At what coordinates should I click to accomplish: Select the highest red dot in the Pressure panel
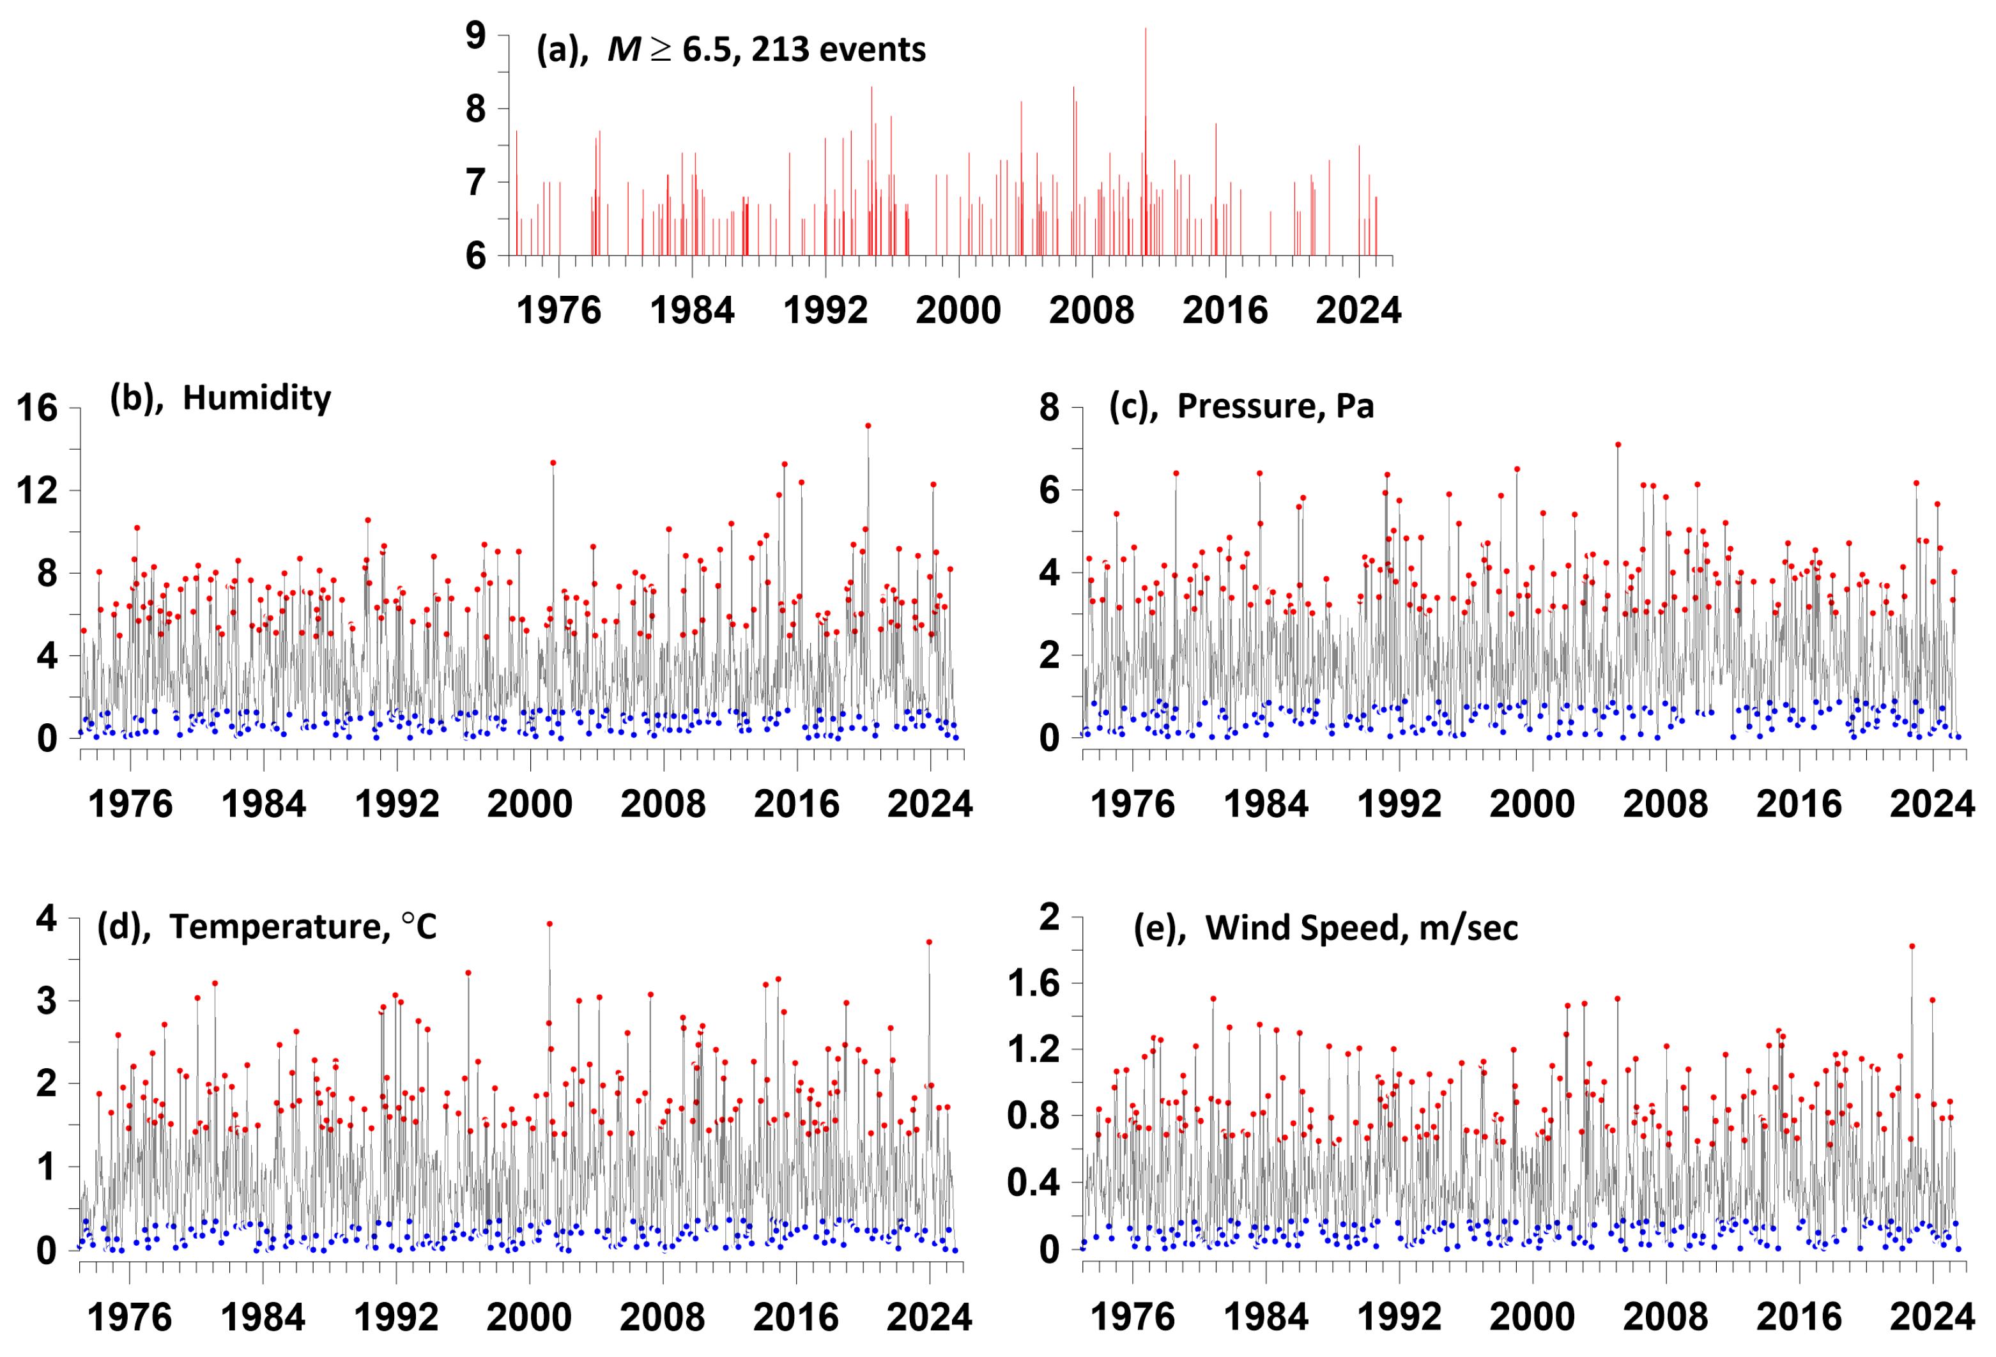(x=1618, y=445)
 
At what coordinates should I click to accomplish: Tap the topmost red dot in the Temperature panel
(x=549, y=924)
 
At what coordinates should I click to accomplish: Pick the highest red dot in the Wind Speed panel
(x=1912, y=946)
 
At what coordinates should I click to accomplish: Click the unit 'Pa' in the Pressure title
(x=1355, y=406)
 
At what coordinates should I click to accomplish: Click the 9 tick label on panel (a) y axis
(x=475, y=36)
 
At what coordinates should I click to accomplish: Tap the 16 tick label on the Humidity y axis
(x=37, y=408)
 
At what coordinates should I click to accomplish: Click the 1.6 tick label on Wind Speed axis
(x=1033, y=983)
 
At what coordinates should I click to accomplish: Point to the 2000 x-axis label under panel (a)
(x=958, y=310)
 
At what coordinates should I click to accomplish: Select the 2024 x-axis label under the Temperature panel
(x=928, y=1317)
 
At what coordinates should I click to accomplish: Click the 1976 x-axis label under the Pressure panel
(x=1132, y=805)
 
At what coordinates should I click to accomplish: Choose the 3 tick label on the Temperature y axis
(x=47, y=1001)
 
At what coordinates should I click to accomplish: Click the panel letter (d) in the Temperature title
(x=124, y=928)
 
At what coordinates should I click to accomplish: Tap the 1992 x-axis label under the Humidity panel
(x=397, y=805)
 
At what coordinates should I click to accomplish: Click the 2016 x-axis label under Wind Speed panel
(x=1799, y=1317)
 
